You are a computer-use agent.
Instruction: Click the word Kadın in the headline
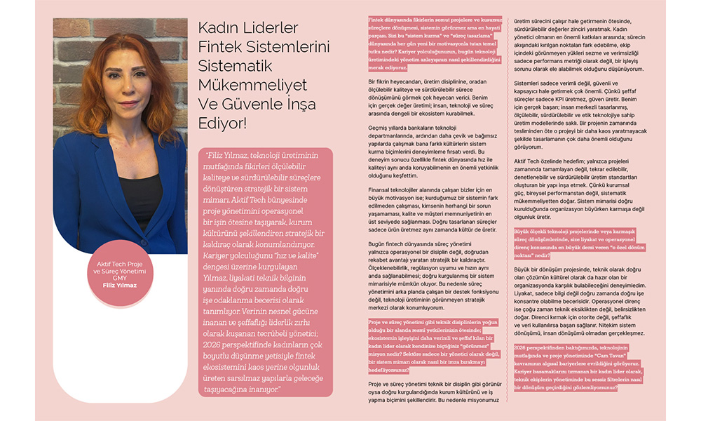click(x=219, y=28)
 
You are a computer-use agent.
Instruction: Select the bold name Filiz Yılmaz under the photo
click(x=121, y=284)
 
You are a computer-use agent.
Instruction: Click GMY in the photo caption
click(x=121, y=277)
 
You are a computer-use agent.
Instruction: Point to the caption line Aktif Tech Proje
click(x=121, y=263)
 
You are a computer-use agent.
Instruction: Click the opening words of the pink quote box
click(x=231, y=154)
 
